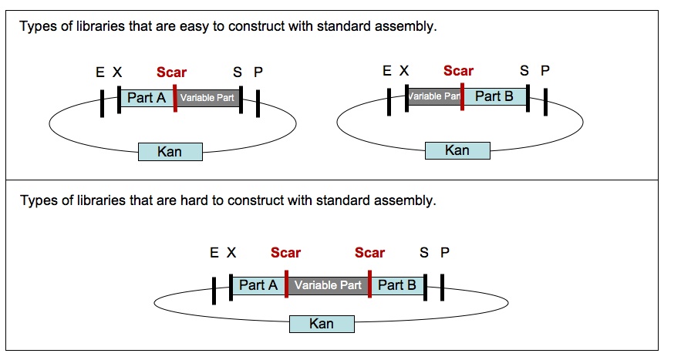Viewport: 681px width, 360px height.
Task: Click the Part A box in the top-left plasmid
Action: (x=147, y=98)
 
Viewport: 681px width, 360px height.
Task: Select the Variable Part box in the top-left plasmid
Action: (x=207, y=98)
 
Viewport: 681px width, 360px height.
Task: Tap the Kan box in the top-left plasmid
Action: (x=170, y=151)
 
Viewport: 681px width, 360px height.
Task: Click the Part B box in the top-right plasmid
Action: (x=494, y=96)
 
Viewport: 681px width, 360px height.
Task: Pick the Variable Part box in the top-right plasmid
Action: (x=434, y=96)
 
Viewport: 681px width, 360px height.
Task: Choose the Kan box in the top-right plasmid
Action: (x=457, y=150)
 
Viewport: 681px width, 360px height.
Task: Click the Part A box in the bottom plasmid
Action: (x=258, y=285)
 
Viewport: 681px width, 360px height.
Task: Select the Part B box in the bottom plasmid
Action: (x=397, y=285)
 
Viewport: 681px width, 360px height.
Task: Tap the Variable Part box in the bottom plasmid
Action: (x=328, y=285)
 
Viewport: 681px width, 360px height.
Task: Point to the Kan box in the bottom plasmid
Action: (x=321, y=324)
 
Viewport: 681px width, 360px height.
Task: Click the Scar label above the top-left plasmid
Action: (x=171, y=72)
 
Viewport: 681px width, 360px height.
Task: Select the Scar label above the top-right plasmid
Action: (x=458, y=71)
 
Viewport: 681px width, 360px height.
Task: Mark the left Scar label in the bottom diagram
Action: (x=285, y=253)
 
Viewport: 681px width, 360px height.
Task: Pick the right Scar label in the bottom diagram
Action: (x=369, y=253)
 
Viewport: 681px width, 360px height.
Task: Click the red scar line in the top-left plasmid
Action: (x=175, y=98)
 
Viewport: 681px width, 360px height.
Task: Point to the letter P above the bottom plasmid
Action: (x=445, y=253)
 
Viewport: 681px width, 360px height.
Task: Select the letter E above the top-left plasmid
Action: (x=100, y=72)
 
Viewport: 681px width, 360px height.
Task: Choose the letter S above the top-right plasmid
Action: (x=524, y=71)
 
